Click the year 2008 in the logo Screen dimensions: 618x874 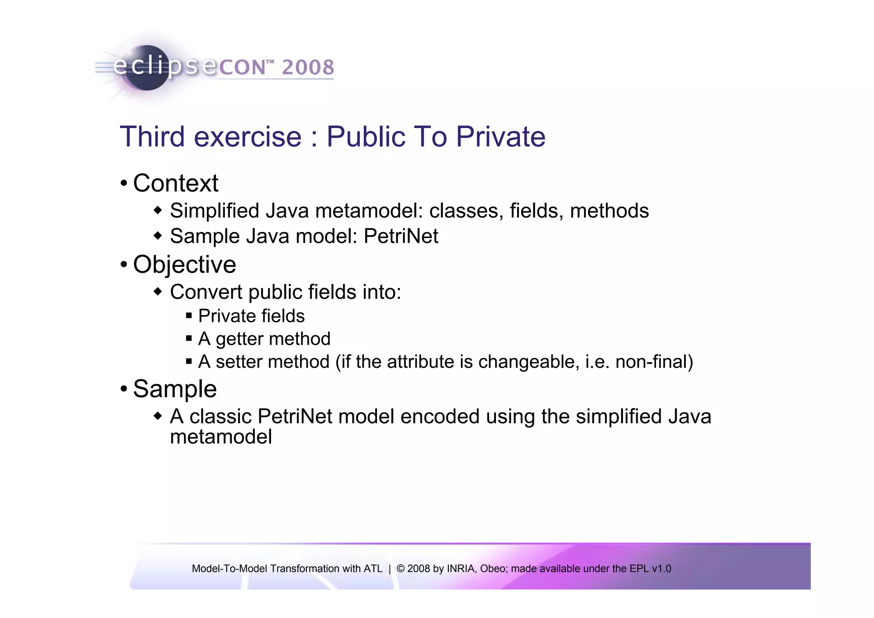pyautogui.click(x=308, y=67)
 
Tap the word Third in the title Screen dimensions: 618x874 pyautogui.click(x=152, y=137)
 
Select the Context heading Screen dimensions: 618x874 pyautogui.click(x=175, y=183)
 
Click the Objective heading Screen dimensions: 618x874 pyautogui.click(x=184, y=264)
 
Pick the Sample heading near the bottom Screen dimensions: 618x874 pyautogui.click(x=175, y=389)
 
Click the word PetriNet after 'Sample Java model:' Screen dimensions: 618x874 pyautogui.click(x=401, y=236)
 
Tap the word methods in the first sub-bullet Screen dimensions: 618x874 pyautogui.click(x=609, y=211)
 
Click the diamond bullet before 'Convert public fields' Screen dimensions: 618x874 pyautogui.click(x=158, y=292)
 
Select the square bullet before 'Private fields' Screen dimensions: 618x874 pyautogui.click(x=189, y=316)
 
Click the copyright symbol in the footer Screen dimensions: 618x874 pyautogui.click(x=400, y=569)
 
